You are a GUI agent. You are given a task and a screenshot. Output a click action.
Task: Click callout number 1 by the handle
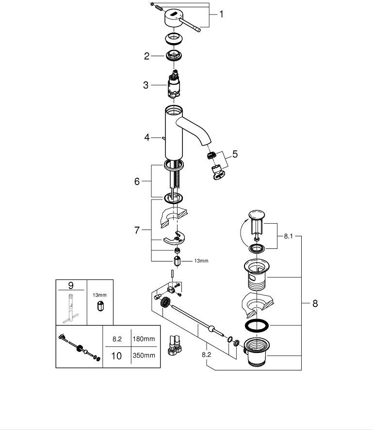point(221,15)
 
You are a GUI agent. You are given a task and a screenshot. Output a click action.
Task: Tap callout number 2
point(147,56)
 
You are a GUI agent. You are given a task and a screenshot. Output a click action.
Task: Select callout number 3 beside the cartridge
point(146,85)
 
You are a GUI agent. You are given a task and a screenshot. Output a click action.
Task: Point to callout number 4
point(147,138)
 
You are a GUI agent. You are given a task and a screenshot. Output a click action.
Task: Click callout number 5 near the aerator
point(235,154)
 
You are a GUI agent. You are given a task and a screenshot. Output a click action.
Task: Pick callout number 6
point(137,181)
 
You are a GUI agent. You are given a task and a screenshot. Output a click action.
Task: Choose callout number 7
point(137,230)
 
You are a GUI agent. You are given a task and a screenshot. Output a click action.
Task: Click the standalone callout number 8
point(315,304)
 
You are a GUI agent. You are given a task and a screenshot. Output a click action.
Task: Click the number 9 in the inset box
point(71,286)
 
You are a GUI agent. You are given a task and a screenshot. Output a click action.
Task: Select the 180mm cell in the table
point(144,339)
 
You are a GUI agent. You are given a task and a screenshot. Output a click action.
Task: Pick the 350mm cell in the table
point(144,355)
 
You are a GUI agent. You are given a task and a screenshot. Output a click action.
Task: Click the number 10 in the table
point(116,355)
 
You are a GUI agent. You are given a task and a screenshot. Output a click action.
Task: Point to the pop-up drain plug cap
point(256,215)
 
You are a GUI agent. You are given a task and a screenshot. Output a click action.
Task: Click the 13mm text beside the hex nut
point(201,261)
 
